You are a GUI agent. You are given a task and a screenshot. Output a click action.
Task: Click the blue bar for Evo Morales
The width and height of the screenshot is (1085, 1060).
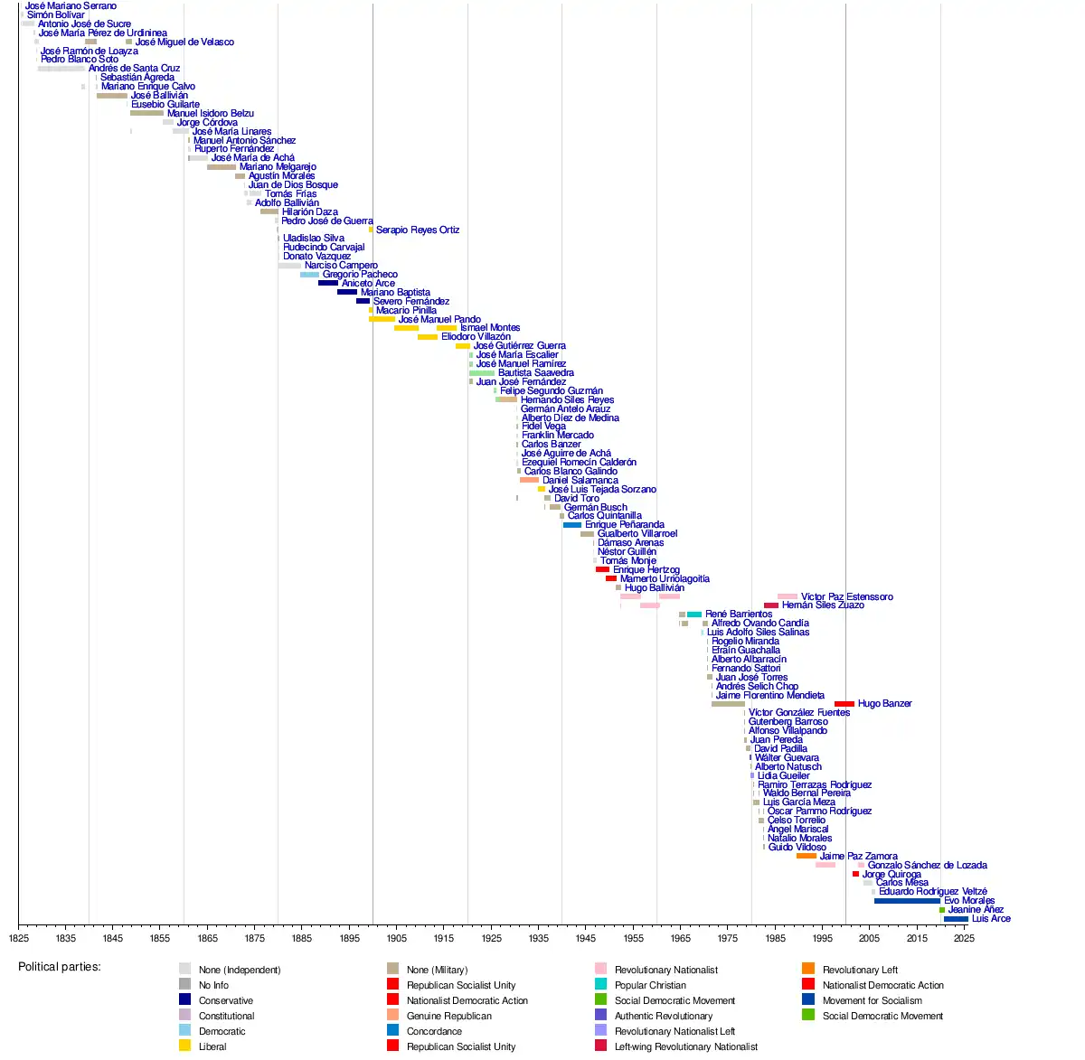[906, 901]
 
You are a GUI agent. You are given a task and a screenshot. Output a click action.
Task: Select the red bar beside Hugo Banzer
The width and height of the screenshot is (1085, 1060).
[844, 704]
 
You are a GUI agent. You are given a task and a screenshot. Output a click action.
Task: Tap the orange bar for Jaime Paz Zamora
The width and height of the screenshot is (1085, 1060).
[806, 856]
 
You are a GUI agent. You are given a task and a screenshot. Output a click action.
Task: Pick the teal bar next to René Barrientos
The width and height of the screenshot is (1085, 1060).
[693, 614]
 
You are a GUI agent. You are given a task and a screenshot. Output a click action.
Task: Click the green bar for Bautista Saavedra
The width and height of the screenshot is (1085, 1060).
[481, 373]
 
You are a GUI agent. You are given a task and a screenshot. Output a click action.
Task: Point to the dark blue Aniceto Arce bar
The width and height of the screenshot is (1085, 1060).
[327, 283]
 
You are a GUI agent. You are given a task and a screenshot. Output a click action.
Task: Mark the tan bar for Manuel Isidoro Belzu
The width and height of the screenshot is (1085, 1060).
[146, 113]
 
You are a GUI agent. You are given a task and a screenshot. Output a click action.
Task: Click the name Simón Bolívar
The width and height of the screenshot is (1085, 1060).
[56, 14]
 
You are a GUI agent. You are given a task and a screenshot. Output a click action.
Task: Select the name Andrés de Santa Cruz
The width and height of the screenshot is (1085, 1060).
[134, 68]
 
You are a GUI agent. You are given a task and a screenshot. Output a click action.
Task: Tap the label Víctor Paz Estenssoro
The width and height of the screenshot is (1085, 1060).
[846, 596]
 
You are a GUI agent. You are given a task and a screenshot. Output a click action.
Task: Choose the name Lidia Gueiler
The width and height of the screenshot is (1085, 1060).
[783, 775]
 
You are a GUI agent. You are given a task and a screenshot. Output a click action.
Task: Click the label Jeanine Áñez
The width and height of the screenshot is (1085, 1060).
[976, 910]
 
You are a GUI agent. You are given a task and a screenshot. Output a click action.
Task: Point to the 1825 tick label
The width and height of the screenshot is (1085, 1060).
[18, 939]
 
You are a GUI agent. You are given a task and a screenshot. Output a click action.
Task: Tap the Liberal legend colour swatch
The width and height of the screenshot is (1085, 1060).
[184, 1046]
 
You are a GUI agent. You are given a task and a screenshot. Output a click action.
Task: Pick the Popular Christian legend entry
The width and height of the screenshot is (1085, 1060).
[650, 985]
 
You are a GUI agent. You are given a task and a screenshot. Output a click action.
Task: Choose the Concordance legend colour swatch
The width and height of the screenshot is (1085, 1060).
[392, 1030]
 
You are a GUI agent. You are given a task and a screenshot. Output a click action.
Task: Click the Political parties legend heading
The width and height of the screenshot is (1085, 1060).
[60, 967]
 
